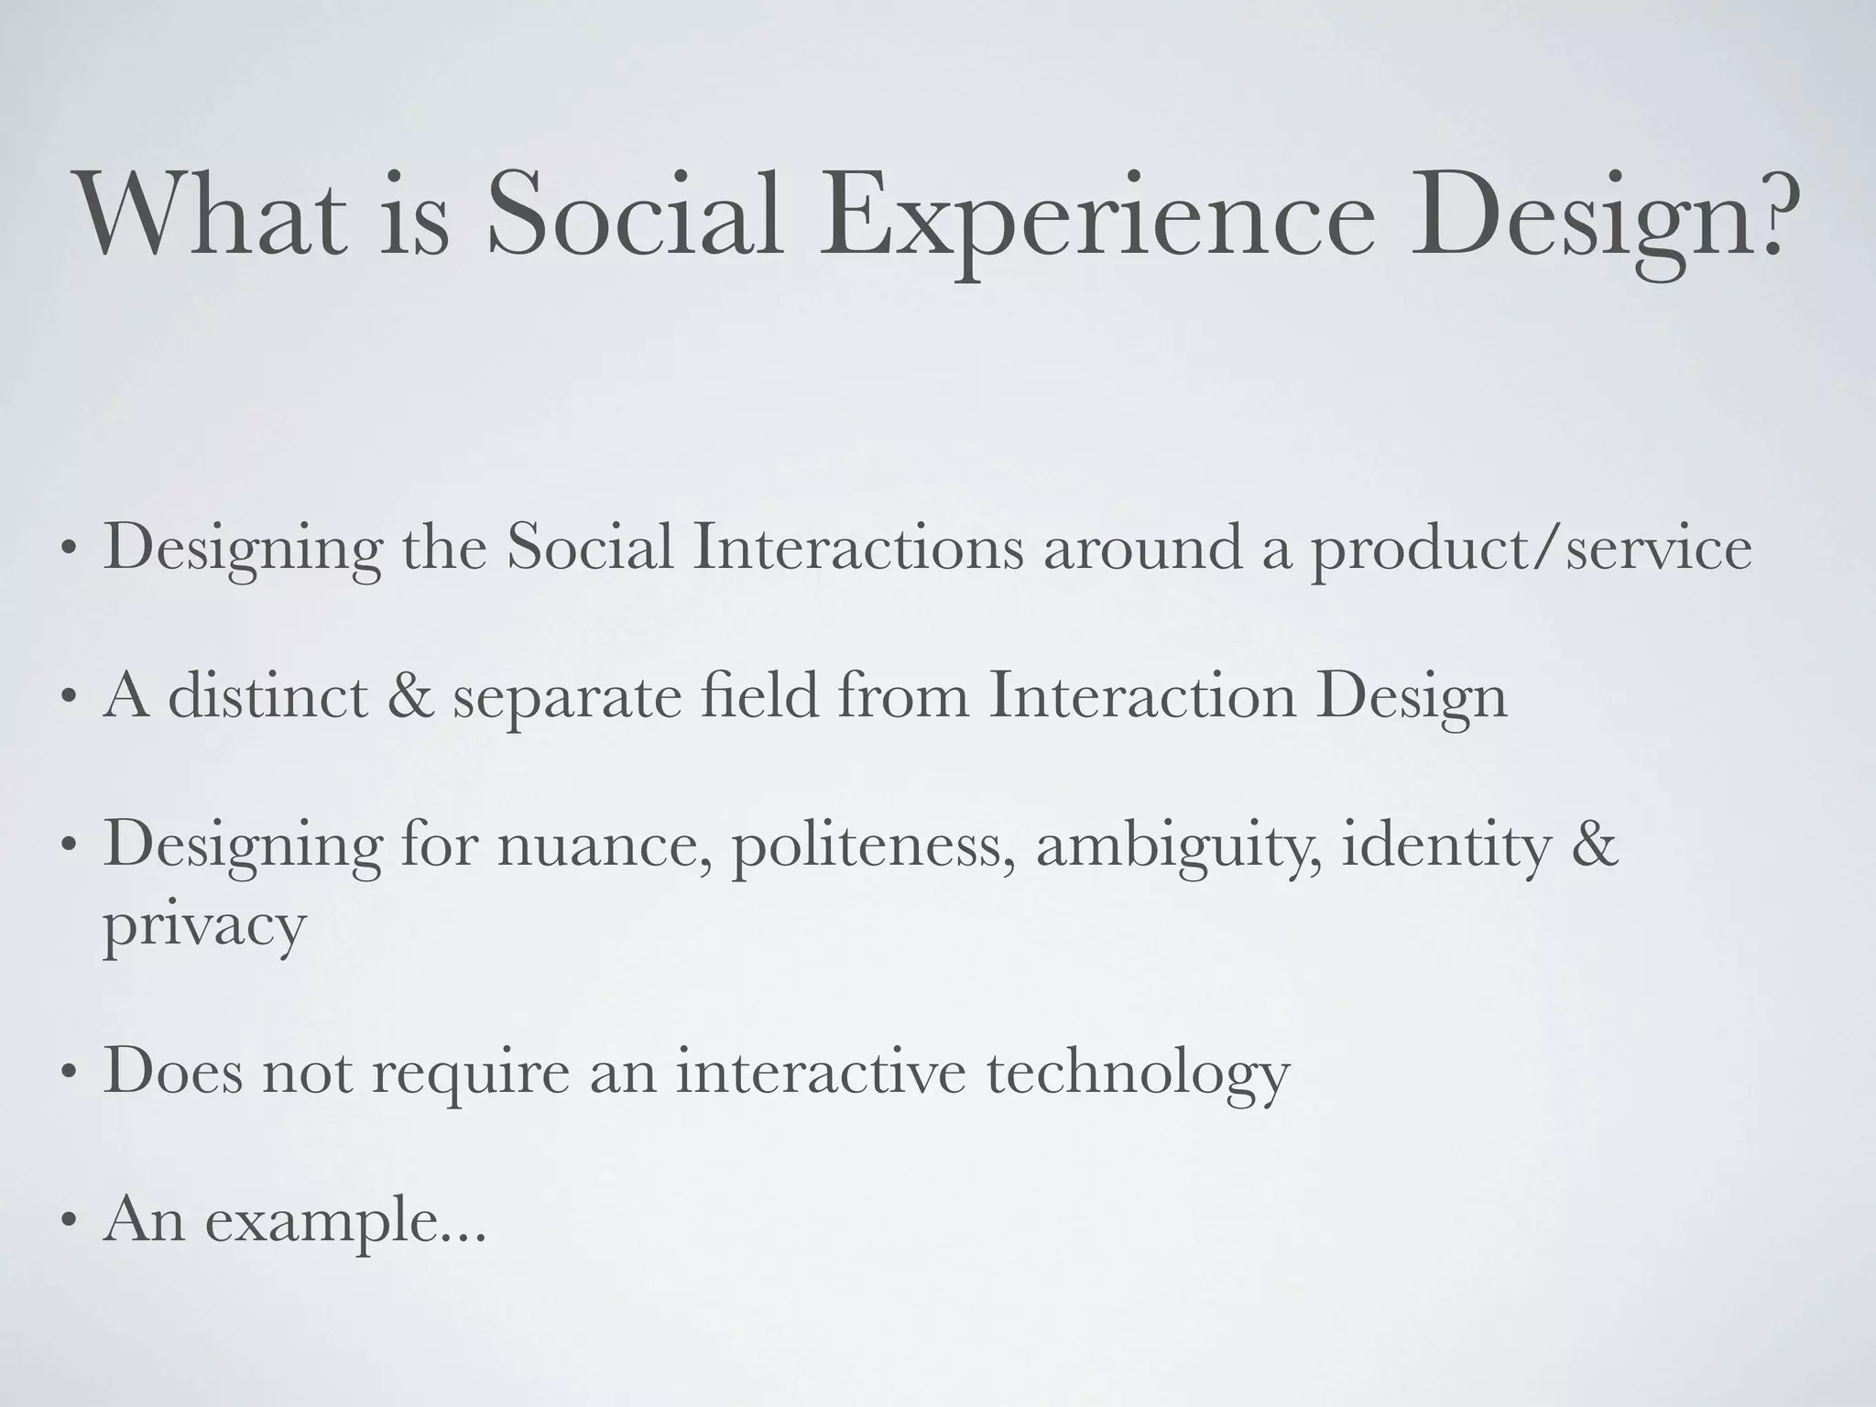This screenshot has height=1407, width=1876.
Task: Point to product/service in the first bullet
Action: [x=1531, y=550]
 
